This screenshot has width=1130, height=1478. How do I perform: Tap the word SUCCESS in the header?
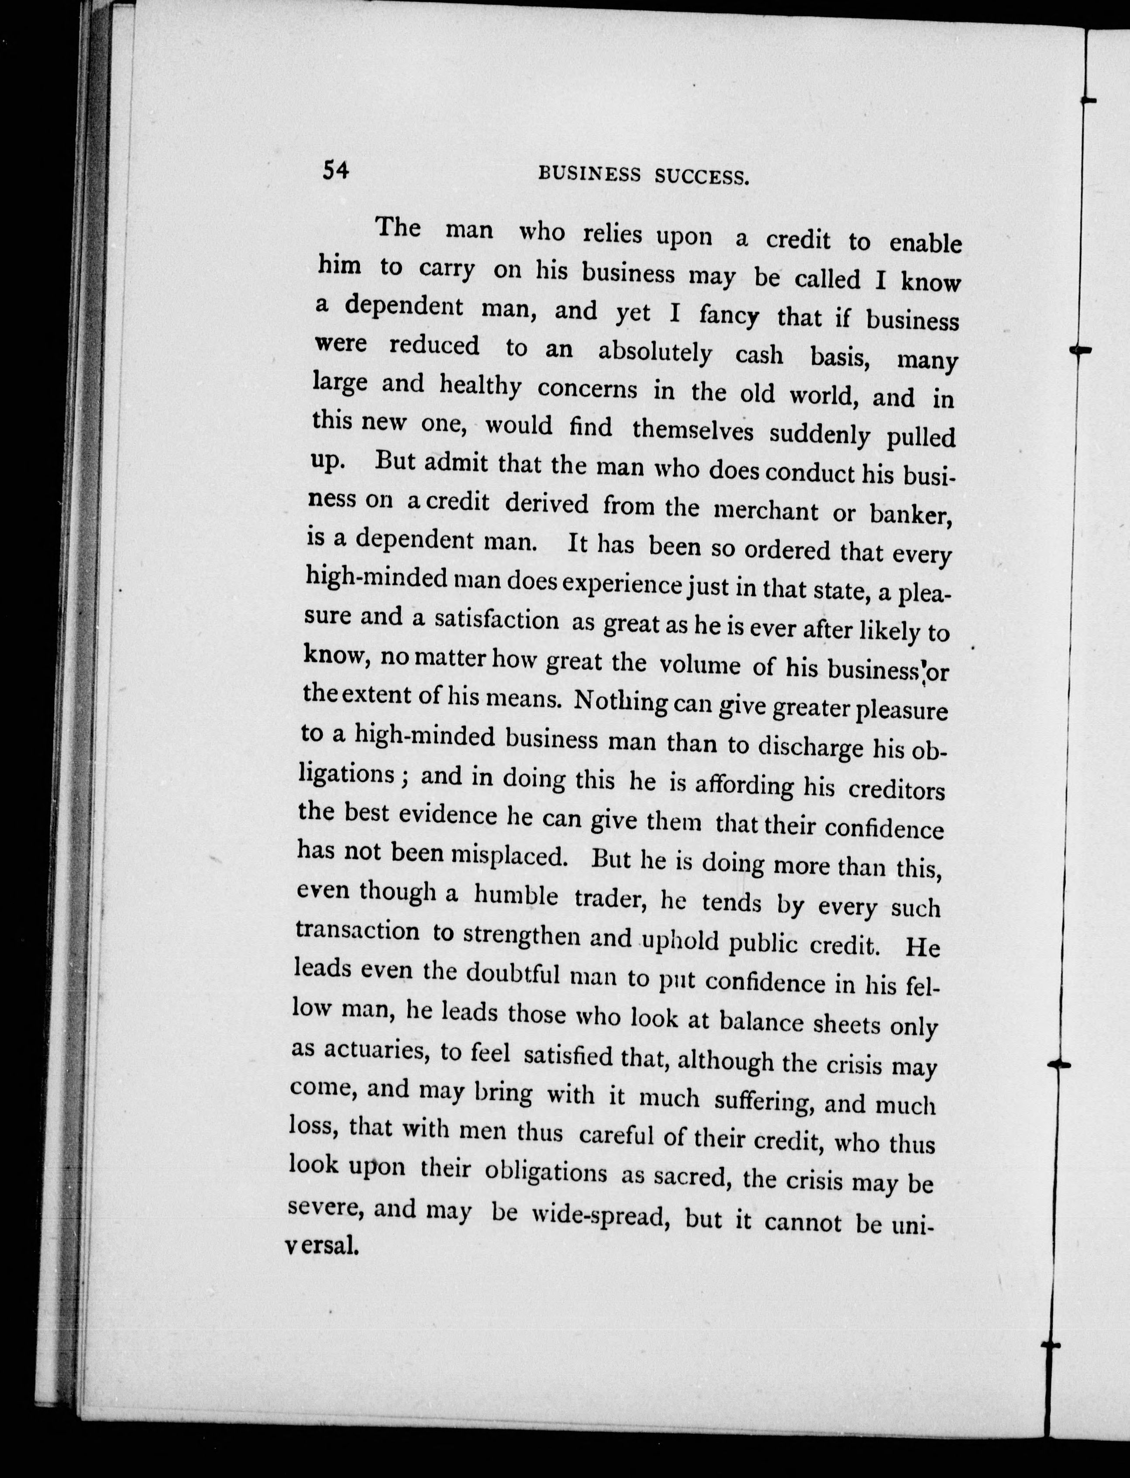click(702, 178)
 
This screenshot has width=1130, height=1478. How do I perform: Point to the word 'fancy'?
click(729, 315)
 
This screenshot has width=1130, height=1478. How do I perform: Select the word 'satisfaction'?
click(496, 620)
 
